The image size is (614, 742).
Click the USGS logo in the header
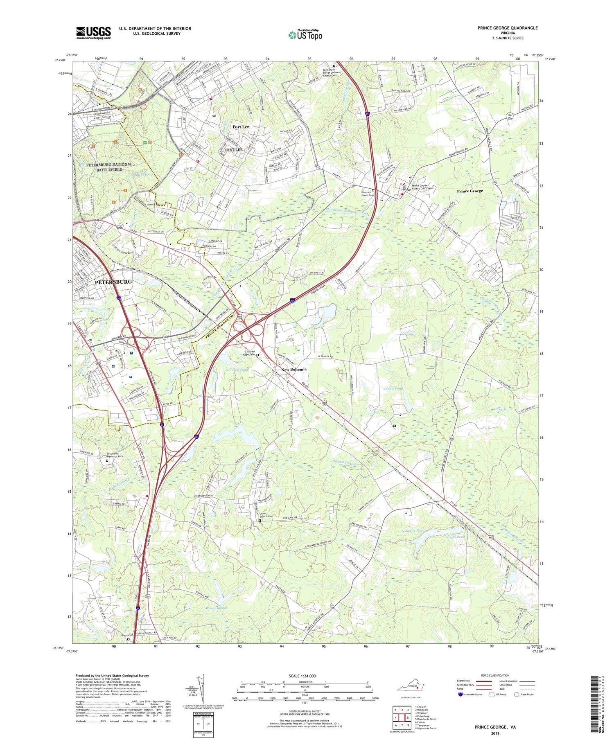[x=93, y=33]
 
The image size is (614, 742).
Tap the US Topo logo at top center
[x=305, y=35]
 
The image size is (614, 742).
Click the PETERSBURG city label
[x=113, y=282]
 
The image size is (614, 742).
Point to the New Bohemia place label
[x=293, y=370]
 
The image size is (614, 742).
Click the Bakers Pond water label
[x=455, y=537]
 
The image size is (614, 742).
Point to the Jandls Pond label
[x=393, y=388]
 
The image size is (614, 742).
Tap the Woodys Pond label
[x=217, y=608]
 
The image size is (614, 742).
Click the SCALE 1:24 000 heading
[x=302, y=676]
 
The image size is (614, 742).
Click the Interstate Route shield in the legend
[x=460, y=695]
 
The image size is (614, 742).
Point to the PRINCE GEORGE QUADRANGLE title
[x=507, y=28]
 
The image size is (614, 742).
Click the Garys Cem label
[x=127, y=635]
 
